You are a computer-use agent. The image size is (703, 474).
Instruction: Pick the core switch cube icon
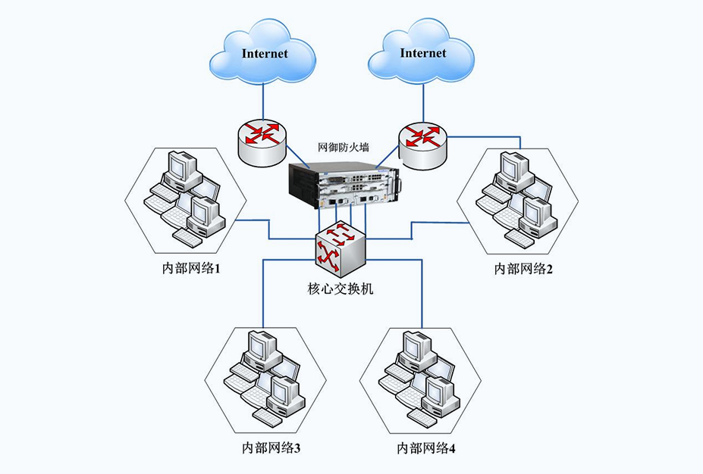pyautogui.click(x=341, y=249)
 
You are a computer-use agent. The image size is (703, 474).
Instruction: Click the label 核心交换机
pyautogui.click(x=341, y=289)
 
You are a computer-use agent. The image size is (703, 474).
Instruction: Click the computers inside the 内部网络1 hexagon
pyautogui.click(x=186, y=197)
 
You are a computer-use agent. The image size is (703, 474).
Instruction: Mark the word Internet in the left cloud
pyautogui.click(x=265, y=54)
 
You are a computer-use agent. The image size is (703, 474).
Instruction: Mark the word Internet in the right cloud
pyautogui.click(x=423, y=53)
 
